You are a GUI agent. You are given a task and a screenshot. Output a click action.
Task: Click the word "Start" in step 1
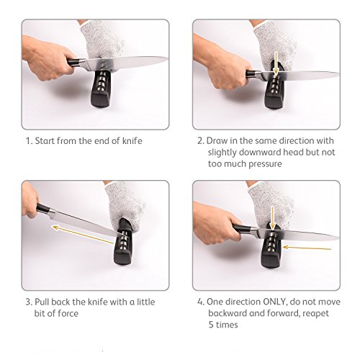pos(45,141)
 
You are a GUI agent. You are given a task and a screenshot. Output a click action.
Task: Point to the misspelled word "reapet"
pos(315,314)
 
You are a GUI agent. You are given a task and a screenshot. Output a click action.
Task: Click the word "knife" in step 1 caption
pos(132,141)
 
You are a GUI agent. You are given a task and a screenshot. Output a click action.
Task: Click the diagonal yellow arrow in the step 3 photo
pos(83,235)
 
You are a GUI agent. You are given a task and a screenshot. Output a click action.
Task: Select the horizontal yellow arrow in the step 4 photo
pos(307,248)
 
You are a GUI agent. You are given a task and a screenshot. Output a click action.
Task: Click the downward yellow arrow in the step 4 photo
pos(272,217)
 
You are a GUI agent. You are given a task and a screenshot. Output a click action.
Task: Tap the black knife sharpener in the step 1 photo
pos(101,89)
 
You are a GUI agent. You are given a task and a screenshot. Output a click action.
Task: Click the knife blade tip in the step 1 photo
pos(167,58)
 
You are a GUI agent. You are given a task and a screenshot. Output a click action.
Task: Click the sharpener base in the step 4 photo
pos(271,261)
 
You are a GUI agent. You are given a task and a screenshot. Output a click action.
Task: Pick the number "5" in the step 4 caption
pos(211,325)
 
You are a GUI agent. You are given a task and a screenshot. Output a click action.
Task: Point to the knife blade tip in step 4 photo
pos(338,238)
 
